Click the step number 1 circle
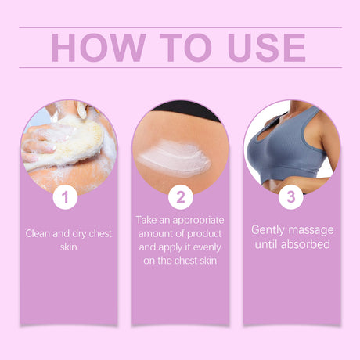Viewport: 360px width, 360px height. tap(67, 196)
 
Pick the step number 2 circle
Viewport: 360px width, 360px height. tap(180, 196)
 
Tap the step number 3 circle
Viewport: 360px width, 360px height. tap(291, 196)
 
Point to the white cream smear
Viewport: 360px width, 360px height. tap(174, 157)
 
